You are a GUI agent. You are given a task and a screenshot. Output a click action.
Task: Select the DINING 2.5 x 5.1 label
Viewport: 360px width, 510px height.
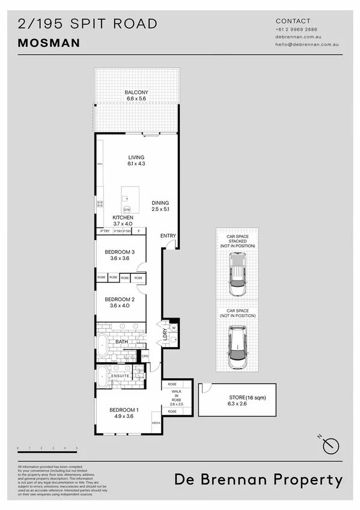click(x=160, y=206)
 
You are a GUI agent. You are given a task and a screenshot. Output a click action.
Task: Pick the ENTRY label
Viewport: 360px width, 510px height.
click(x=168, y=235)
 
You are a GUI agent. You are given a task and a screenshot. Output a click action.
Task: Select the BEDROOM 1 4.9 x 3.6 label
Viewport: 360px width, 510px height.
click(x=124, y=413)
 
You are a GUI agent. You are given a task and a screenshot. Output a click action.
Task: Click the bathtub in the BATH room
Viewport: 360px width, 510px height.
click(x=103, y=345)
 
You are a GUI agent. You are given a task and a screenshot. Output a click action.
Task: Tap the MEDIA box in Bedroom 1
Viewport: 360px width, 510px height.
click(x=156, y=422)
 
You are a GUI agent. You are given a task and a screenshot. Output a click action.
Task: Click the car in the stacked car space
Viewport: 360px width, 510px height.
click(x=237, y=273)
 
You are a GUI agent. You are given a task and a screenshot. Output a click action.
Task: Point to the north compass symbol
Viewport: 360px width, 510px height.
click(x=331, y=444)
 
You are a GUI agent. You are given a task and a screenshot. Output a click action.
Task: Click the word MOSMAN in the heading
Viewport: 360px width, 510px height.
click(x=49, y=43)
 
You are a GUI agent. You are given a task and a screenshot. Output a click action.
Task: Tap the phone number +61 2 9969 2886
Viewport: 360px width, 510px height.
click(x=296, y=29)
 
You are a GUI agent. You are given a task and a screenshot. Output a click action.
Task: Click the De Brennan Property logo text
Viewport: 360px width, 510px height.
click(x=258, y=479)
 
